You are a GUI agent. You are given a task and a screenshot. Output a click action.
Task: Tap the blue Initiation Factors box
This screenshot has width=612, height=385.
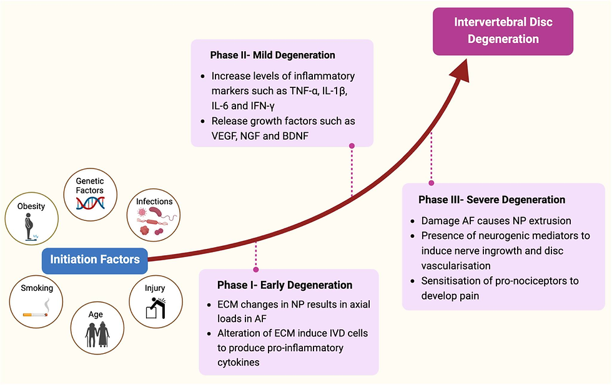(95, 259)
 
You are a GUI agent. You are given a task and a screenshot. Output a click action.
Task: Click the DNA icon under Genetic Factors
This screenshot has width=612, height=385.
(90, 202)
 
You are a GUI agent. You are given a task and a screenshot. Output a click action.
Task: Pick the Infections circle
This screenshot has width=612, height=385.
(154, 216)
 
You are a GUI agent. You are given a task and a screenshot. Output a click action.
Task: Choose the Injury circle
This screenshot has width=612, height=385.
(155, 302)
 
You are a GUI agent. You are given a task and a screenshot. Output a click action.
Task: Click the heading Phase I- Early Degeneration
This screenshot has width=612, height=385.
(285, 285)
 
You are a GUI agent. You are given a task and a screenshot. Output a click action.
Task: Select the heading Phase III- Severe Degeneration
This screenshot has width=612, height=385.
(491, 200)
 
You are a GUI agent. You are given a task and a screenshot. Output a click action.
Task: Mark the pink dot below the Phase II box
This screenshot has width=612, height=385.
(352, 146)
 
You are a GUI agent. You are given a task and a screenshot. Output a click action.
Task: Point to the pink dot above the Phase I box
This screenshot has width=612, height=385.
(255, 270)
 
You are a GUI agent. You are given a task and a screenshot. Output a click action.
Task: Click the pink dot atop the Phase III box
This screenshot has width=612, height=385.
(431, 183)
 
